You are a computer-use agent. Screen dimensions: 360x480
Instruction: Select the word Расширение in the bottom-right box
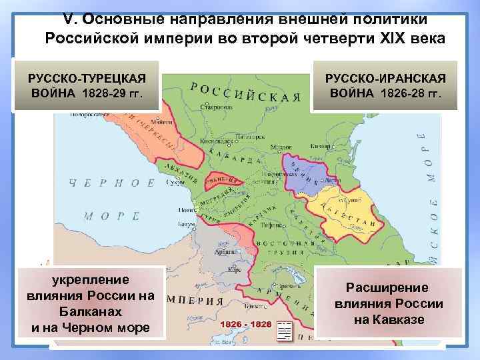tap(387, 287)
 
